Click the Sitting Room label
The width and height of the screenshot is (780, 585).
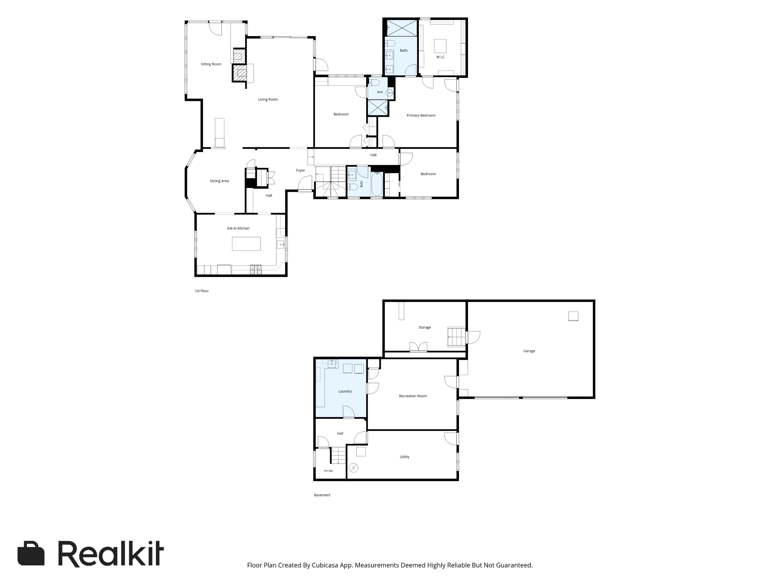coord(211,64)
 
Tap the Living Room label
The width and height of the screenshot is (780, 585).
coord(268,99)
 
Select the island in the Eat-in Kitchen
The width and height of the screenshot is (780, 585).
coord(246,244)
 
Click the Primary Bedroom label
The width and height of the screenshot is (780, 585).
coord(421,115)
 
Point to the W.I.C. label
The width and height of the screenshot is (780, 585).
coord(441,57)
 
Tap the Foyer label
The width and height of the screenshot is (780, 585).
coord(301,170)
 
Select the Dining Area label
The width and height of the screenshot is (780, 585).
coord(219,181)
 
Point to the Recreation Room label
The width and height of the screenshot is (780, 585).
coord(413,396)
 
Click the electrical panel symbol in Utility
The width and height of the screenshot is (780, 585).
coord(354,468)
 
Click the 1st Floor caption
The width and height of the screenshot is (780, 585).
coord(202,291)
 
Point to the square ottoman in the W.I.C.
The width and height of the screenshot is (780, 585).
coord(440,46)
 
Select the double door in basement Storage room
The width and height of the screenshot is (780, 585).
coord(418,347)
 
